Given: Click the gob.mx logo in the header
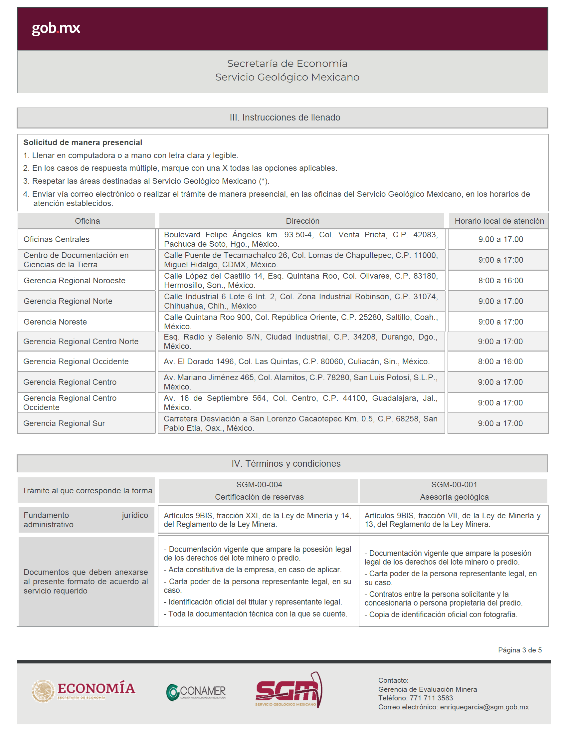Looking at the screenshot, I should (x=56, y=28).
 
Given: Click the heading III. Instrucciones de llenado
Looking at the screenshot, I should (x=284, y=118).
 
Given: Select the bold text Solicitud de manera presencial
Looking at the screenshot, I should (x=83, y=142).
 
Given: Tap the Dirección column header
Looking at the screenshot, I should (x=302, y=221).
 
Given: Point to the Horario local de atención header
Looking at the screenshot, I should (x=499, y=221).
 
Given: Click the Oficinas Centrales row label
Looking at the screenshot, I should (x=57, y=239).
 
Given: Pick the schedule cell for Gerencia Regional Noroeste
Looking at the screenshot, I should (x=500, y=281).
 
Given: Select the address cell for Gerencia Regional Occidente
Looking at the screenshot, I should (x=296, y=361).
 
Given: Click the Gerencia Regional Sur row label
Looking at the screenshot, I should (x=64, y=423).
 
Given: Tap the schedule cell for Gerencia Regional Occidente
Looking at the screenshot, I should (x=500, y=361).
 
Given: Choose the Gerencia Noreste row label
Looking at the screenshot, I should (x=55, y=322).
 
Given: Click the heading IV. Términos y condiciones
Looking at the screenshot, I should (x=286, y=463).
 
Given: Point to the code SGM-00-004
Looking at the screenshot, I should (x=259, y=485).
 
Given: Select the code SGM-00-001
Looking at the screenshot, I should (x=454, y=485).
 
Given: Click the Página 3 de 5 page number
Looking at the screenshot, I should (x=520, y=650).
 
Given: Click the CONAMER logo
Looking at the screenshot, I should (x=196, y=692).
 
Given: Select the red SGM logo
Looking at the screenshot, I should (x=288, y=690).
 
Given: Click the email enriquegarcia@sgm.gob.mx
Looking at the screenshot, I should (x=484, y=707).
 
